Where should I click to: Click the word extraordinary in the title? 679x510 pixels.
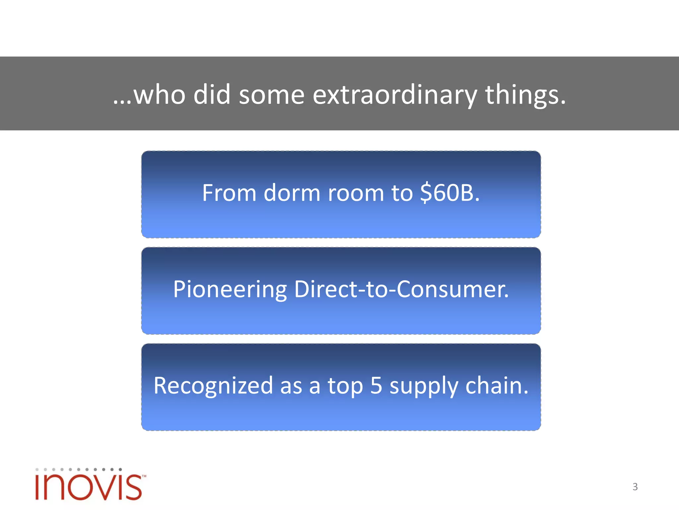click(x=395, y=95)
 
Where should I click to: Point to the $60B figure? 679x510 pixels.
click(x=449, y=193)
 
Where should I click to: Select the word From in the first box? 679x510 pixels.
click(x=229, y=193)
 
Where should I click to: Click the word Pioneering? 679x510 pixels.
click(x=229, y=290)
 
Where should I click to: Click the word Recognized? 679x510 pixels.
click(x=213, y=386)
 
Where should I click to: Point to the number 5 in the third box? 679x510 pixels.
click(x=376, y=386)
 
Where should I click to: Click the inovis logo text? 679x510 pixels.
click(x=88, y=487)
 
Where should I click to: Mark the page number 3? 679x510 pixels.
click(x=635, y=487)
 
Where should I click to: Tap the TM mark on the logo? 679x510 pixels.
click(x=144, y=476)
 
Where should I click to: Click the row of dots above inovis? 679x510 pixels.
click(x=79, y=469)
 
